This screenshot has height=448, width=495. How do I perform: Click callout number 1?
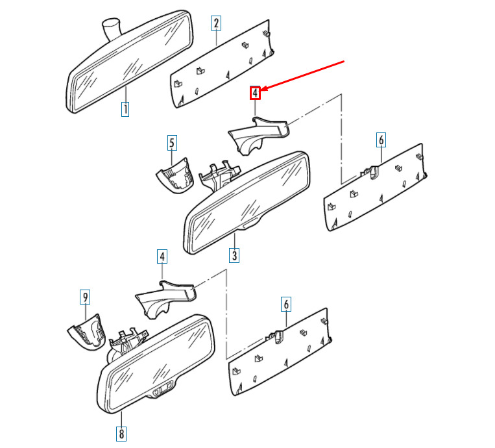(x=125, y=109)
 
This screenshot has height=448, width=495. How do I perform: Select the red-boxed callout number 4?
(x=256, y=93)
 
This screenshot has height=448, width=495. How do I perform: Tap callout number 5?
(x=171, y=143)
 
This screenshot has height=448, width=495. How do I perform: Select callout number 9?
(x=84, y=297)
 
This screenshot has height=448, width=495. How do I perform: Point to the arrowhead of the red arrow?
(x=263, y=89)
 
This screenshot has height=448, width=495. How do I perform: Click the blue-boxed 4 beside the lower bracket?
(x=162, y=256)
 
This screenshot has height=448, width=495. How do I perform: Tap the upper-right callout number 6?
(x=381, y=139)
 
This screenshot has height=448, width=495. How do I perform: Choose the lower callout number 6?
(x=286, y=303)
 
